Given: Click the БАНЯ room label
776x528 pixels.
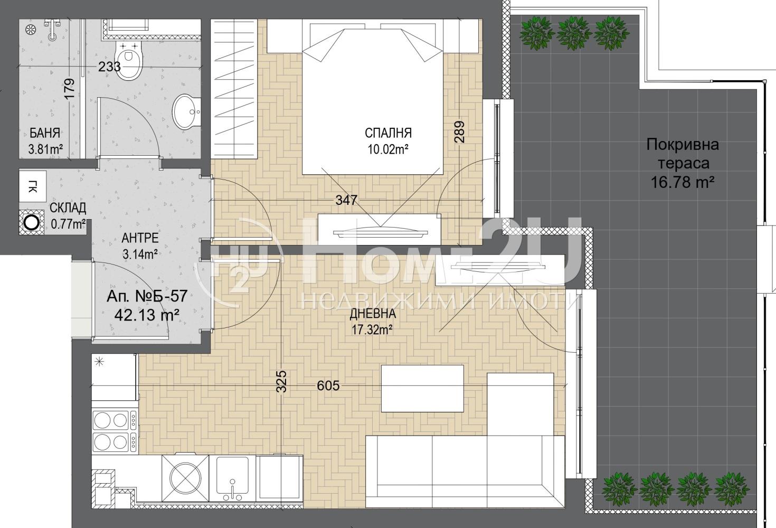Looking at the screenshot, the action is [45, 133].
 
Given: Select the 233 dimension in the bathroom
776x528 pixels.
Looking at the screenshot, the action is [109, 67].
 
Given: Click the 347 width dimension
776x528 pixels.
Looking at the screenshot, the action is [346, 200].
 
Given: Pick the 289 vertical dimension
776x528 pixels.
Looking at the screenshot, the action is [459, 132].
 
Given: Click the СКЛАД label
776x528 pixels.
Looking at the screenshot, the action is [68, 208].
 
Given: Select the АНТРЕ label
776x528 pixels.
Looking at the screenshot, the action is [140, 238].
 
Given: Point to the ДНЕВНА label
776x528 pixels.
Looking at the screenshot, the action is [372, 314].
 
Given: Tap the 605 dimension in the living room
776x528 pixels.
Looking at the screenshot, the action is [328, 385].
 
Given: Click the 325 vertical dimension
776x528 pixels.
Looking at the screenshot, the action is [282, 381].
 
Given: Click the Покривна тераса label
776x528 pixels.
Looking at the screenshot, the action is [683, 154].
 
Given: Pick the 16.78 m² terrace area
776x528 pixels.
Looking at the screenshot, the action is [683, 182].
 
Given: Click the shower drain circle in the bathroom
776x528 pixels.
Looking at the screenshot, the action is [30, 30].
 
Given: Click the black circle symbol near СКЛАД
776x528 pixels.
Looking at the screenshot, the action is [32, 222].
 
